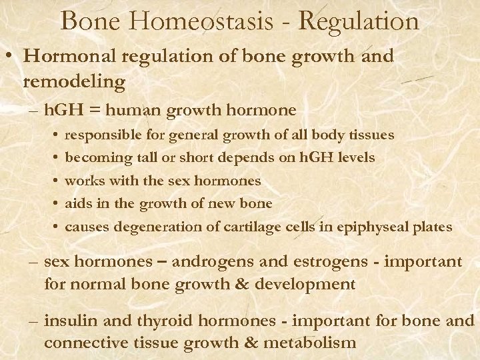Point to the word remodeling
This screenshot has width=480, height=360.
click(x=74, y=81)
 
